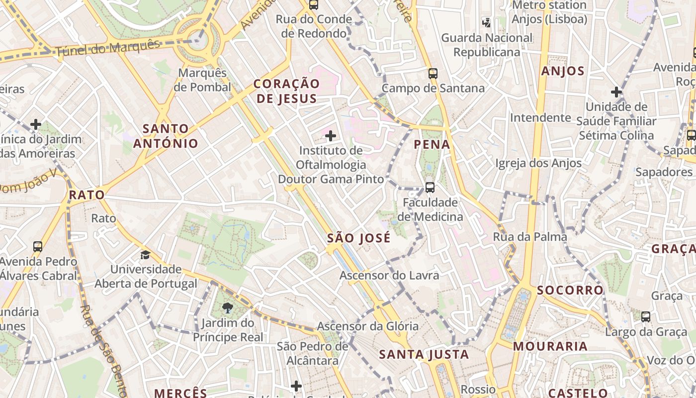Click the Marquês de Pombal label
(x=202, y=80)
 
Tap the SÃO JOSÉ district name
(x=358, y=238)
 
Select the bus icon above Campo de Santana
(x=433, y=74)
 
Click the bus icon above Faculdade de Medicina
(x=430, y=188)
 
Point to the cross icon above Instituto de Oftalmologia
(x=331, y=135)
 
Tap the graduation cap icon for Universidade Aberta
(x=145, y=255)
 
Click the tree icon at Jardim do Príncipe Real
(x=228, y=308)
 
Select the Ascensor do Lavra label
(x=389, y=275)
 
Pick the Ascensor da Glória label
(x=367, y=326)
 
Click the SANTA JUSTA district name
(x=424, y=354)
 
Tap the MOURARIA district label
(x=550, y=346)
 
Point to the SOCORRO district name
(x=570, y=290)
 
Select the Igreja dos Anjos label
(x=538, y=163)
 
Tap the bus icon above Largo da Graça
(x=645, y=316)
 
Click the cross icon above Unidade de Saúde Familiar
(x=616, y=92)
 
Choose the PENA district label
(x=432, y=145)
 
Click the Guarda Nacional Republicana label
(x=487, y=45)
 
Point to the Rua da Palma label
(x=530, y=237)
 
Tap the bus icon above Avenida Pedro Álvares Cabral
(x=38, y=246)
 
